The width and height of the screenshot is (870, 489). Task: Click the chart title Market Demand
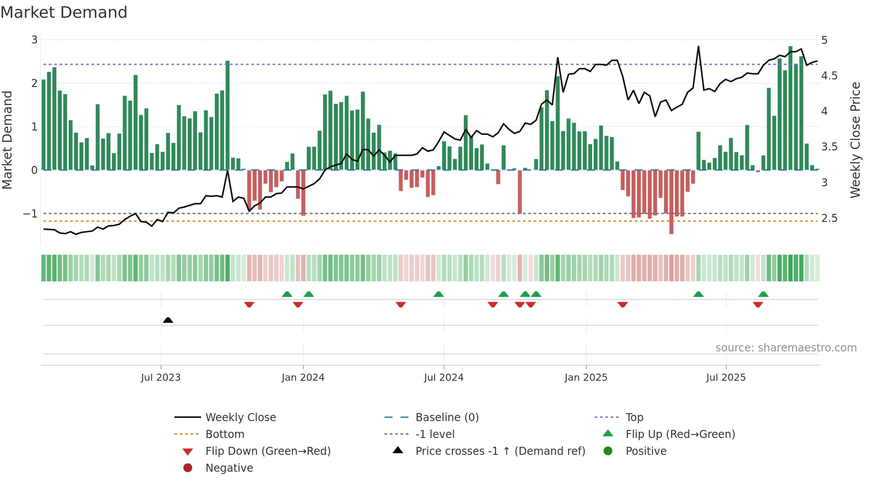(x=64, y=12)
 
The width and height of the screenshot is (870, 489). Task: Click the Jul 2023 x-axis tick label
(x=161, y=378)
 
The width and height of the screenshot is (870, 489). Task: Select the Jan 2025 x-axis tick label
(x=586, y=378)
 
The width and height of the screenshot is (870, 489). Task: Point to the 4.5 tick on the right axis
(x=829, y=76)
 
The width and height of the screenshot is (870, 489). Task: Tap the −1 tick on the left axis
(x=30, y=214)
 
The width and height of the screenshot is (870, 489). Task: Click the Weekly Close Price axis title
(x=855, y=140)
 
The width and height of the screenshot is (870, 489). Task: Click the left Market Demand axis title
(x=7, y=140)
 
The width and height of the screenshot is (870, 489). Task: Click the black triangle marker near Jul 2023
(x=168, y=320)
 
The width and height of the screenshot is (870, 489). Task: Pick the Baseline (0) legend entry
(x=447, y=418)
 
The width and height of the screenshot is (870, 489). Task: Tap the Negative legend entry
(x=229, y=468)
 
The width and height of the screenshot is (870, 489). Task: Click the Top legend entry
(x=634, y=418)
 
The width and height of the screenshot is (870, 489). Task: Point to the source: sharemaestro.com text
(x=786, y=348)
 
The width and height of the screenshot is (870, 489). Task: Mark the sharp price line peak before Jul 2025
(x=698, y=47)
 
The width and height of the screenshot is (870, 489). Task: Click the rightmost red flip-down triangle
(x=758, y=304)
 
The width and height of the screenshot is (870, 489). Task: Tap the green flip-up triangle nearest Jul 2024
(x=439, y=294)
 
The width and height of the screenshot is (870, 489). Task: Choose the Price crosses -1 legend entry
(x=500, y=451)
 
